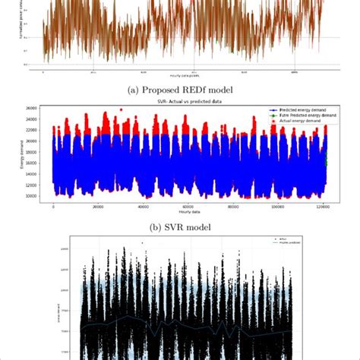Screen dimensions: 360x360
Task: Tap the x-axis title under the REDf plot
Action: coord(181,77)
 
